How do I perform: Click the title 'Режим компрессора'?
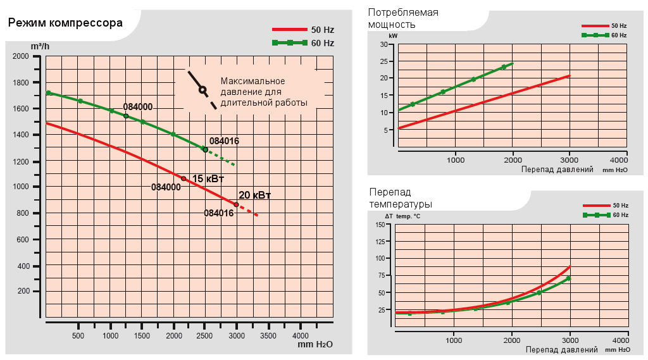pyautogui.click(x=65, y=24)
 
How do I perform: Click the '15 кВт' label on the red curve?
pyautogui.click(x=208, y=179)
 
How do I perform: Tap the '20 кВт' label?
pyautogui.click(x=254, y=195)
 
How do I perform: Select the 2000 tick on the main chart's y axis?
pyautogui.click(x=21, y=56)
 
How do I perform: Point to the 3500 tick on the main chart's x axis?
pyautogui.click(x=268, y=335)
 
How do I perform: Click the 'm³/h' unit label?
pyautogui.click(x=39, y=46)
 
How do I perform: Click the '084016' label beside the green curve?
pyautogui.click(x=224, y=141)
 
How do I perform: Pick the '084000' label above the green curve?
pyautogui.click(x=137, y=107)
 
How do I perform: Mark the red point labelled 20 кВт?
pyautogui.click(x=236, y=204)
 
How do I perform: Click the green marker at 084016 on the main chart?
pyautogui.click(x=204, y=149)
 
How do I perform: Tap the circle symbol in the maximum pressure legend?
pyautogui.click(x=202, y=89)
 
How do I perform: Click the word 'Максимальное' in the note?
pyautogui.click(x=252, y=81)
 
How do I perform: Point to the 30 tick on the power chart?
pyautogui.click(x=383, y=44)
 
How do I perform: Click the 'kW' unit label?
pyautogui.click(x=393, y=37)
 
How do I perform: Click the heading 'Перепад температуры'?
pyautogui.click(x=400, y=198)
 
